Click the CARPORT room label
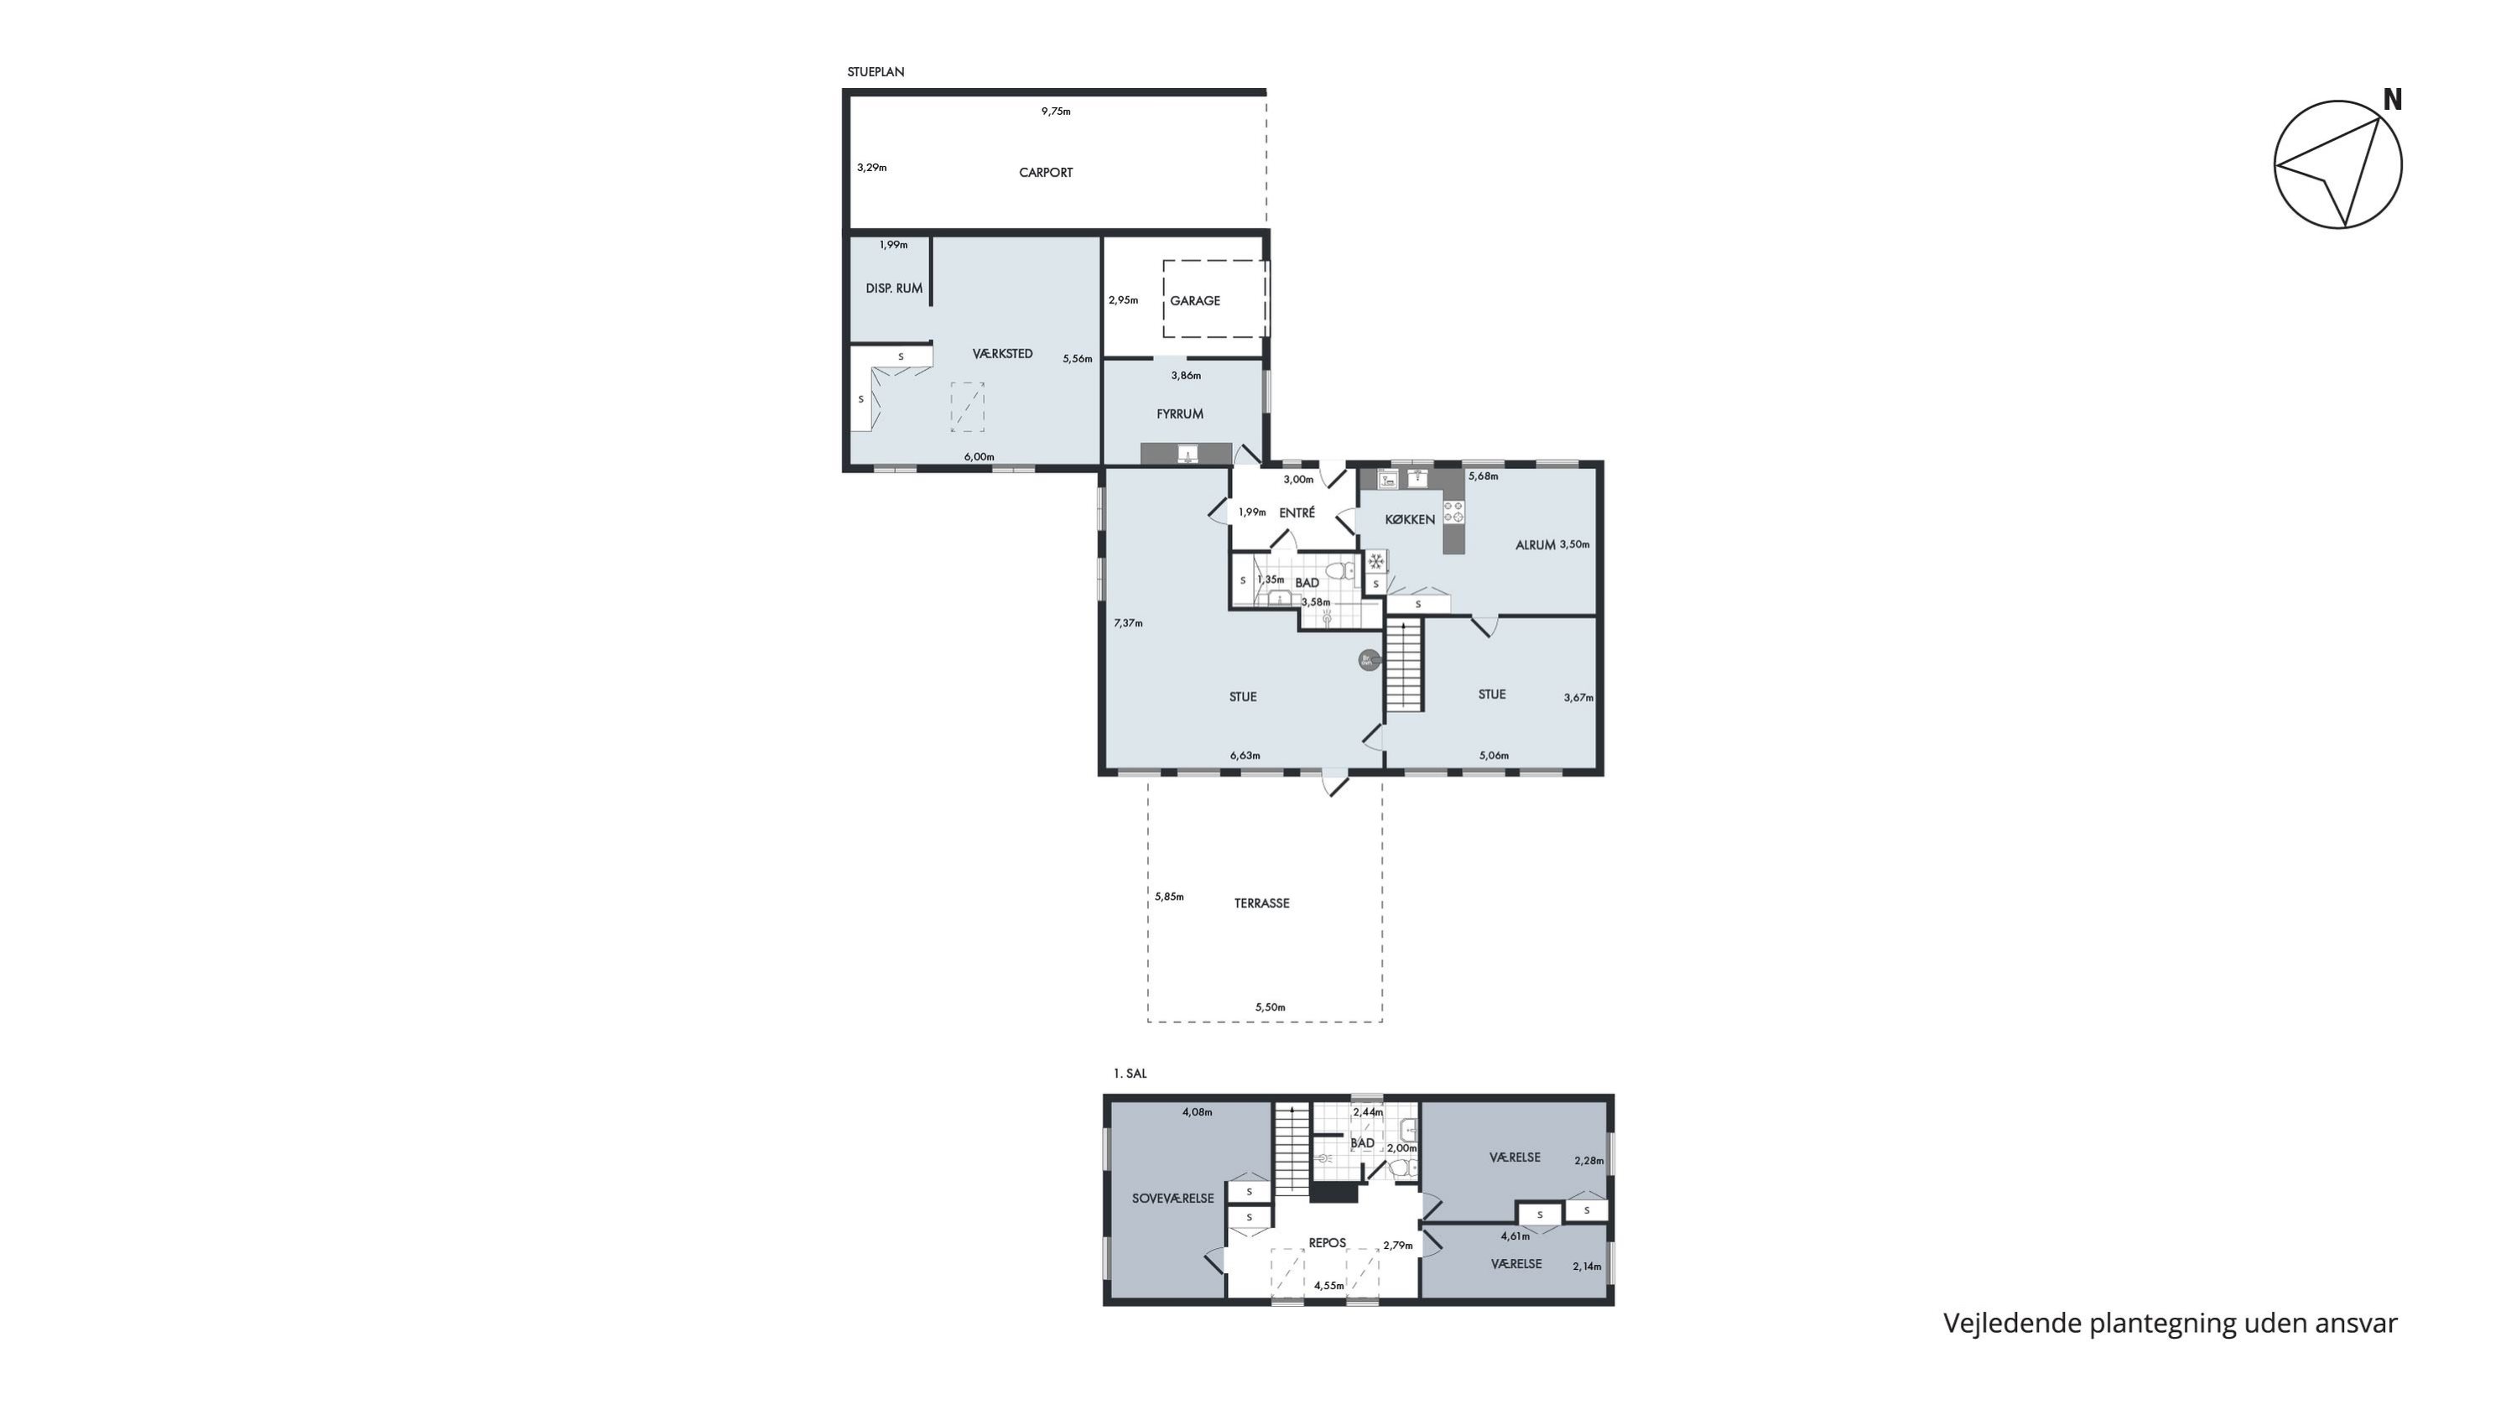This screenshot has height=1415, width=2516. pos(1045,173)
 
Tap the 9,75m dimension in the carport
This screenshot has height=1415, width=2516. pos(1056,112)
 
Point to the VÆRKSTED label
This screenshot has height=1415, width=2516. pos(1002,353)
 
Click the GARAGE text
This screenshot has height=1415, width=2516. pos(1194,301)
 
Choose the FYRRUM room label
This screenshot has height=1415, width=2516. pos(1180,414)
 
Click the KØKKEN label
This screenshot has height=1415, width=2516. pos(1411,519)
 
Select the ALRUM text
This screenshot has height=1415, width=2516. pos(1536,545)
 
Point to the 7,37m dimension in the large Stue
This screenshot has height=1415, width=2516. pos(1128,623)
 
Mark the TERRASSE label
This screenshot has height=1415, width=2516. pos(1262,903)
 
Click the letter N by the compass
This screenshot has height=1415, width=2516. pos(2393,100)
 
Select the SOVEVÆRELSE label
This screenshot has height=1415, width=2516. pos(1173,1199)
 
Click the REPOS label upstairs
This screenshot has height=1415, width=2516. pos(1328,1243)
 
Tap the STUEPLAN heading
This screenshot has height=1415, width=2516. pos(876,72)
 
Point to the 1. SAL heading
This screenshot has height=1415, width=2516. pos(1130,1074)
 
